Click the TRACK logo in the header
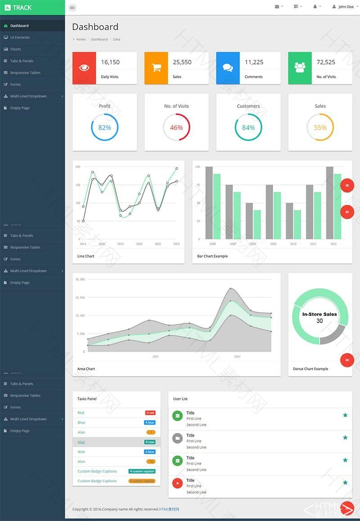(x=18, y=7)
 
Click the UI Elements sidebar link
(x=20, y=37)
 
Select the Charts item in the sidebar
(x=16, y=49)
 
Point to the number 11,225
(x=254, y=62)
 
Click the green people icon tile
(x=300, y=68)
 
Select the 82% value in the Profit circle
(x=104, y=127)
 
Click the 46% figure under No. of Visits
(x=176, y=127)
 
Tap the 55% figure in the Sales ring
(x=320, y=127)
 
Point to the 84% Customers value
(x=248, y=127)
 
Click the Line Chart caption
(x=86, y=256)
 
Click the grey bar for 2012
(x=329, y=202)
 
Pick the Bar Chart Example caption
(x=212, y=256)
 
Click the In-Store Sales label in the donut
(x=319, y=314)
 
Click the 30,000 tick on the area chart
(x=80, y=279)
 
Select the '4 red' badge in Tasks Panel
(x=150, y=413)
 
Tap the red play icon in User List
(x=178, y=483)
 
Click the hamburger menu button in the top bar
(x=72, y=8)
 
